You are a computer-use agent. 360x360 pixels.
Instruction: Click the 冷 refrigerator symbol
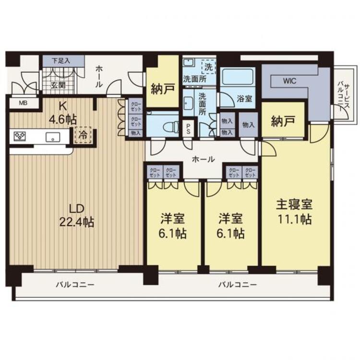pos(83,135)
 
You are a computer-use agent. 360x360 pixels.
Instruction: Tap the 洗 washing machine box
pos(209,67)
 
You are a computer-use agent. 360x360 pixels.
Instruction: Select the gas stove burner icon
pos(20,136)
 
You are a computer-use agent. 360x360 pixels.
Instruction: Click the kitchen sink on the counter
pos(53,137)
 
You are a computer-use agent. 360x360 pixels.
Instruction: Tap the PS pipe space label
pos(188,129)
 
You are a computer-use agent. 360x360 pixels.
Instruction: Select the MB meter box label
pos(23,103)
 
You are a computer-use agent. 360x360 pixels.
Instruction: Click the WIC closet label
pos(290,81)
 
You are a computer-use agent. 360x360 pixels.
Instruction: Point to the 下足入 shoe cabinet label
pos(61,61)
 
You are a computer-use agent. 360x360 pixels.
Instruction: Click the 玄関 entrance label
pos(58,85)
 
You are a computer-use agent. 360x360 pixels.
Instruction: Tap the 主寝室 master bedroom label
pos(294,204)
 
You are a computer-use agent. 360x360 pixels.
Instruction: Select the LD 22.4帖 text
pos(77,215)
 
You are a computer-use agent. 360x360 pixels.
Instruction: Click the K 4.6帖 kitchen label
pos(63,113)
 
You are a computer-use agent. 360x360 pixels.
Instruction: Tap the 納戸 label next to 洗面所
pos(163,89)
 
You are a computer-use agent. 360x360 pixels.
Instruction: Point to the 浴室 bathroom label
pos(244,99)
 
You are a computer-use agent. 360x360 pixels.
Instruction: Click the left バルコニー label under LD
pos(75,285)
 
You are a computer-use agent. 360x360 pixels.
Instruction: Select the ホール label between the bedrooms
pos(204,159)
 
